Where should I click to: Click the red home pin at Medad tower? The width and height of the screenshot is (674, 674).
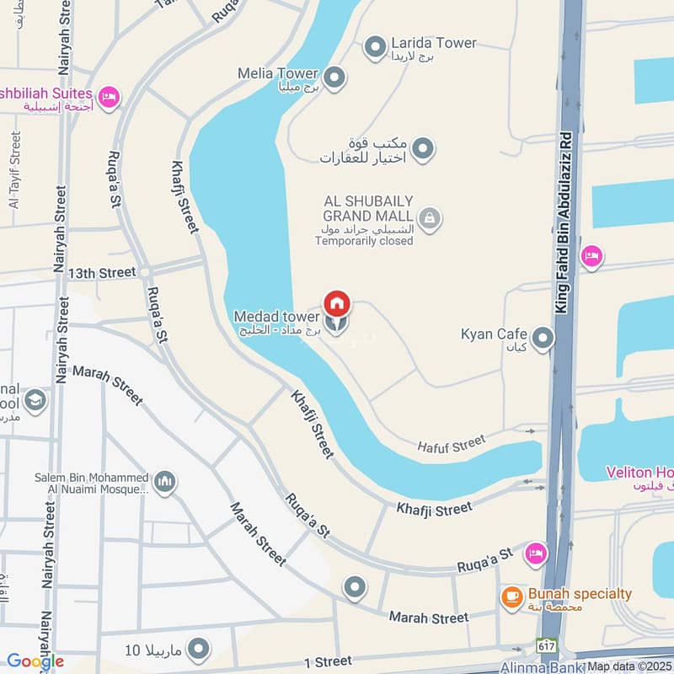click(x=337, y=302)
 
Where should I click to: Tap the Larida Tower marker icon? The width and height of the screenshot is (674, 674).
click(x=374, y=49)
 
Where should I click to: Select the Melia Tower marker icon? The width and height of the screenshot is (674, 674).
click(x=335, y=78)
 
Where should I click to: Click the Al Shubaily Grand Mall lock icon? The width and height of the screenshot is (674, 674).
click(x=430, y=219)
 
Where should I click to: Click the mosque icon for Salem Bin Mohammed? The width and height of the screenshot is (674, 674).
click(x=165, y=481)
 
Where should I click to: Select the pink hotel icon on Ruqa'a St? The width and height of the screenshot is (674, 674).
click(x=534, y=554)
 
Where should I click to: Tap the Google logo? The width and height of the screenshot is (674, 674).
click(x=35, y=661)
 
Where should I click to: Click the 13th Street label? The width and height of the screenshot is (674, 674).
click(x=102, y=273)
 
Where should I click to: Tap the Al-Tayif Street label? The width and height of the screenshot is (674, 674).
click(x=14, y=168)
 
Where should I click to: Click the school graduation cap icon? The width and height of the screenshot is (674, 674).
click(x=35, y=399)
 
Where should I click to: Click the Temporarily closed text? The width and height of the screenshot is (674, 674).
click(x=364, y=241)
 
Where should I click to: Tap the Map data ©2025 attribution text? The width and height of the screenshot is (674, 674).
click(x=630, y=666)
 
